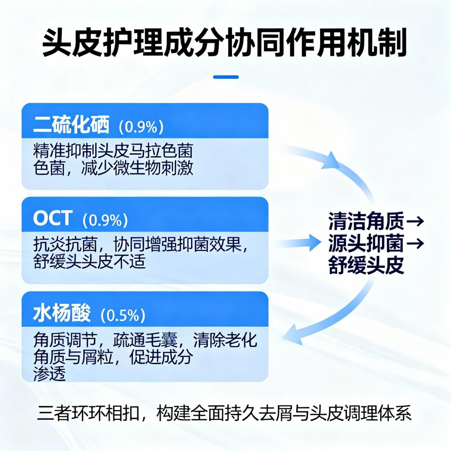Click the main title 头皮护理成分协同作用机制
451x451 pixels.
[x=224, y=43]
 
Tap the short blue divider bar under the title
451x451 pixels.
[x=226, y=77]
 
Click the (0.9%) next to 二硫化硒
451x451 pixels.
[x=141, y=127]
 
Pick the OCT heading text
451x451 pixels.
[x=52, y=218]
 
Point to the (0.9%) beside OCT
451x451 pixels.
[x=105, y=220]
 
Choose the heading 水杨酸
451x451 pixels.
[x=62, y=313]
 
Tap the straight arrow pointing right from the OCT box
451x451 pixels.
[x=298, y=242]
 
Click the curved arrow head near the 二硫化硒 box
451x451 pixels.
[x=331, y=161]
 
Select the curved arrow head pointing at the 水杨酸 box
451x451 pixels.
[x=293, y=334]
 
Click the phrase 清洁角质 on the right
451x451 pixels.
[x=366, y=221]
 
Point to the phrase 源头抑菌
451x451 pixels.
[x=366, y=243]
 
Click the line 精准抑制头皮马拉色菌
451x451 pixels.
[x=113, y=151]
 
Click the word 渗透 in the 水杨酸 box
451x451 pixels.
[x=49, y=373]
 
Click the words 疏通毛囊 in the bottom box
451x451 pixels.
[x=145, y=340]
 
